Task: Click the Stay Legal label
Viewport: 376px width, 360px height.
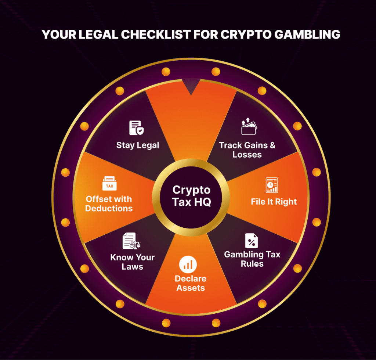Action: click(138, 145)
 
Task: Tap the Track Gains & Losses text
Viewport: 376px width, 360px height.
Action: click(247, 150)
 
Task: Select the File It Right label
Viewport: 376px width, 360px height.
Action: click(274, 202)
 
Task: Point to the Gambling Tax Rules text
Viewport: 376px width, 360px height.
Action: click(252, 259)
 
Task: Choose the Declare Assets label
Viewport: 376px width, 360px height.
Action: click(191, 283)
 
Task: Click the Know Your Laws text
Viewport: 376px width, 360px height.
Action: click(132, 262)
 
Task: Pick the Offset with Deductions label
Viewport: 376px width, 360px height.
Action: click(109, 204)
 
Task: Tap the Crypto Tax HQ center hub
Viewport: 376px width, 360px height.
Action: click(191, 196)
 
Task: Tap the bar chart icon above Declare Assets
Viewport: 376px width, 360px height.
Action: click(188, 264)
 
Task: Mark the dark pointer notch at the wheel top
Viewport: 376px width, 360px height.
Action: click(191, 89)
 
